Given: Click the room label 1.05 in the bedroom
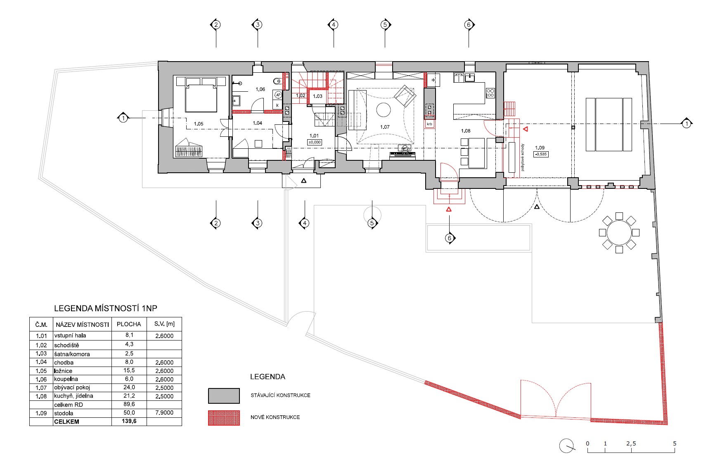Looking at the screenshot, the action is pyautogui.click(x=199, y=124).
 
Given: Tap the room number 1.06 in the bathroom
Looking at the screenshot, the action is pyautogui.click(x=260, y=89).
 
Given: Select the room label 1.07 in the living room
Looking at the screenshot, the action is pyautogui.click(x=385, y=127).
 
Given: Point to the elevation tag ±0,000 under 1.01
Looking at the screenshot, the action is pyautogui.click(x=315, y=142).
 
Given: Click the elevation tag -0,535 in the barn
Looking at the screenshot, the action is pyautogui.click(x=541, y=154).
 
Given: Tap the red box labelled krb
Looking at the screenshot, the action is pyautogui.click(x=429, y=124).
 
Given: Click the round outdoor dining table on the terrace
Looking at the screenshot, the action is pyautogui.click(x=619, y=233).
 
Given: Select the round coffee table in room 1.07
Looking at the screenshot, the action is pyautogui.click(x=384, y=110).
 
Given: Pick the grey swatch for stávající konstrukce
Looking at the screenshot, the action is pyautogui.click(x=224, y=395).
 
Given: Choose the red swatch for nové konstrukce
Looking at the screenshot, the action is pyautogui.click(x=224, y=418).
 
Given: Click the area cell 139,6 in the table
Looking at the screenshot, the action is pyautogui.click(x=129, y=421).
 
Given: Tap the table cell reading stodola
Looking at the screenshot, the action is pyautogui.click(x=64, y=413).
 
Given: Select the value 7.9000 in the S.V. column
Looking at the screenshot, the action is pyautogui.click(x=164, y=412).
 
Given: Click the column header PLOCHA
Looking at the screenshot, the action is pyautogui.click(x=129, y=324).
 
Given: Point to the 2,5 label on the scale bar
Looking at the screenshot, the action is pyautogui.click(x=631, y=443).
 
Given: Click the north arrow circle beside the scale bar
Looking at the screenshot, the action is pyautogui.click(x=566, y=445).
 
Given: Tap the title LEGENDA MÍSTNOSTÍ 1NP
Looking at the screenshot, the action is pyautogui.click(x=105, y=308).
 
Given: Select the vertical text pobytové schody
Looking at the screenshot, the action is pyautogui.click(x=522, y=157).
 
